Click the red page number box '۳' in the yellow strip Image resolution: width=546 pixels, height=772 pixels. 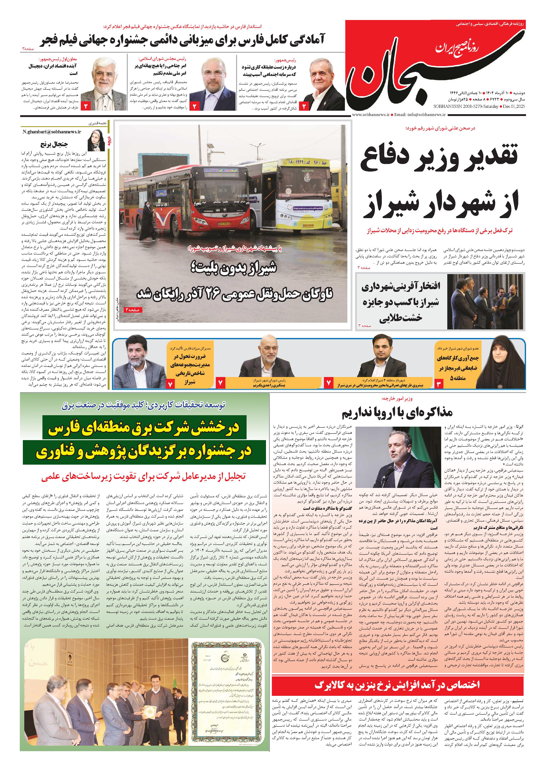439,384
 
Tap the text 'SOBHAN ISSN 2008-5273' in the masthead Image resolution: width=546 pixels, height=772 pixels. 474,106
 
